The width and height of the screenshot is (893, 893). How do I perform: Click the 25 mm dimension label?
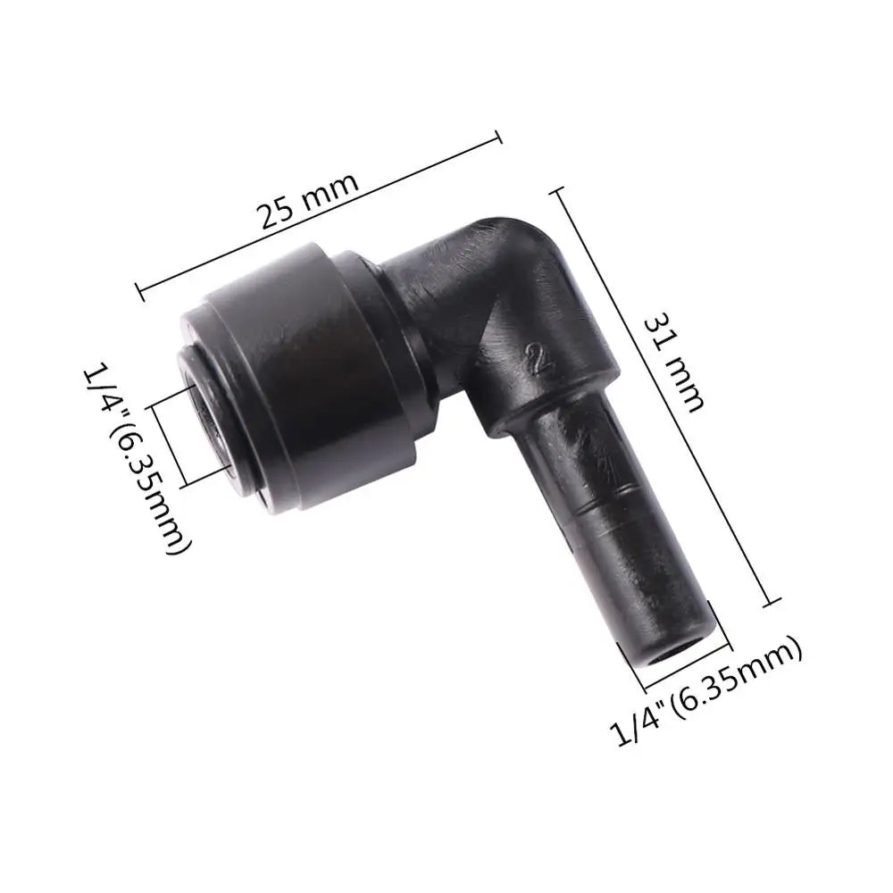coord(309,199)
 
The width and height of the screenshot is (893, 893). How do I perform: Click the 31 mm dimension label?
coord(673,363)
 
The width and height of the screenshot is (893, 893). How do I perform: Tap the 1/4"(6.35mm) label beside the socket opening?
coord(138,459)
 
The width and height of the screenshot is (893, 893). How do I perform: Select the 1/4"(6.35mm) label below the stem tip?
coord(706,689)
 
